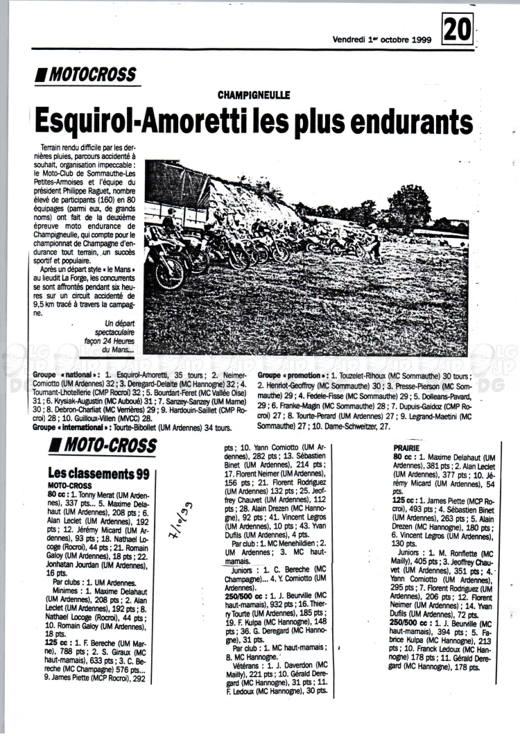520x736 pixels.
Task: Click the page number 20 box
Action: pos(457,31)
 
